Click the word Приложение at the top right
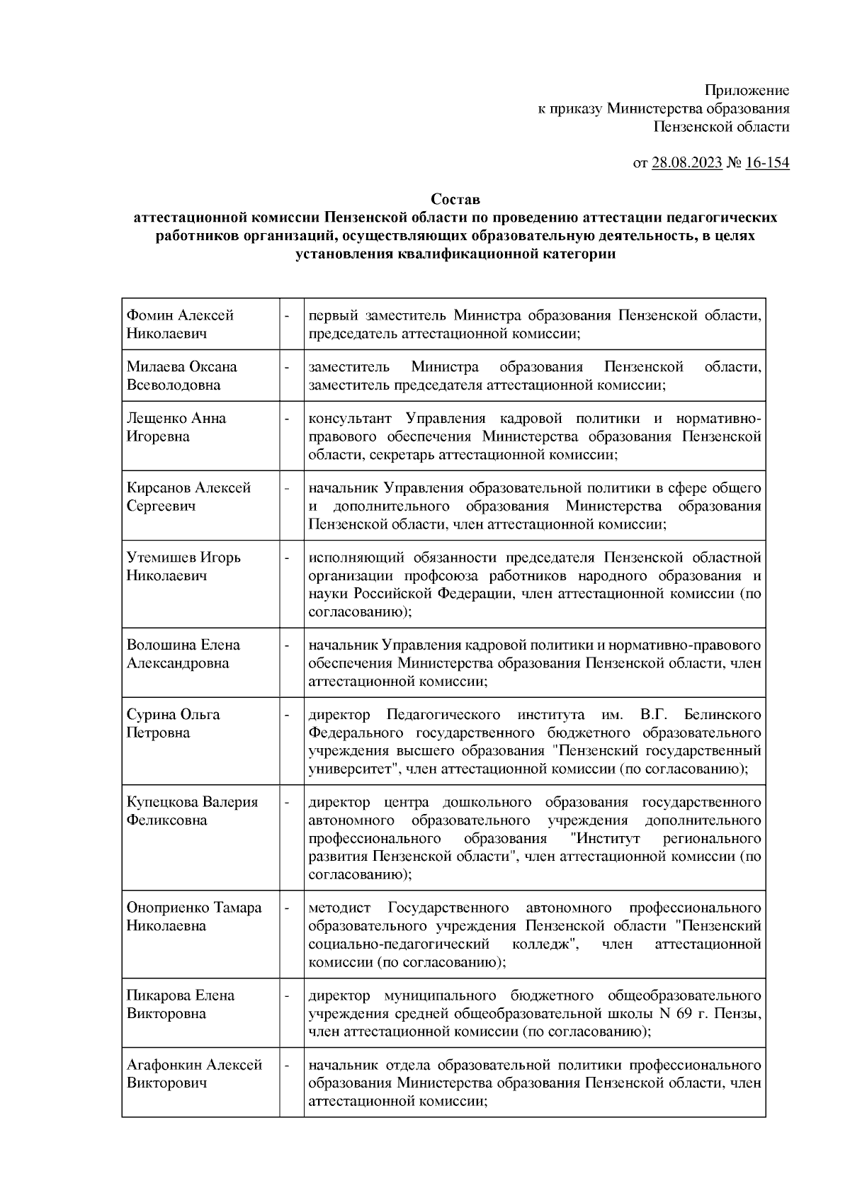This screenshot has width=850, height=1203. (x=747, y=90)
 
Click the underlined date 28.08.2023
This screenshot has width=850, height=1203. (x=686, y=163)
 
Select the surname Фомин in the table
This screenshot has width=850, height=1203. (x=149, y=315)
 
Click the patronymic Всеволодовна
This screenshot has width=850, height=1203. (x=174, y=385)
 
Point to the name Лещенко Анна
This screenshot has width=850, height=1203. (x=176, y=418)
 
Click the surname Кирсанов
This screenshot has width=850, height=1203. (x=159, y=487)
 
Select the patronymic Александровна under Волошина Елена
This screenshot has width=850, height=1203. (x=178, y=663)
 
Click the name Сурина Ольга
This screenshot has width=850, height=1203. (x=173, y=714)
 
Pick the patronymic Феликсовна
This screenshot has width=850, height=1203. (x=166, y=820)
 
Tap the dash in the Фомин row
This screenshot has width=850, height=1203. (x=288, y=315)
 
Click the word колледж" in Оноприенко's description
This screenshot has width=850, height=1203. (x=547, y=944)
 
